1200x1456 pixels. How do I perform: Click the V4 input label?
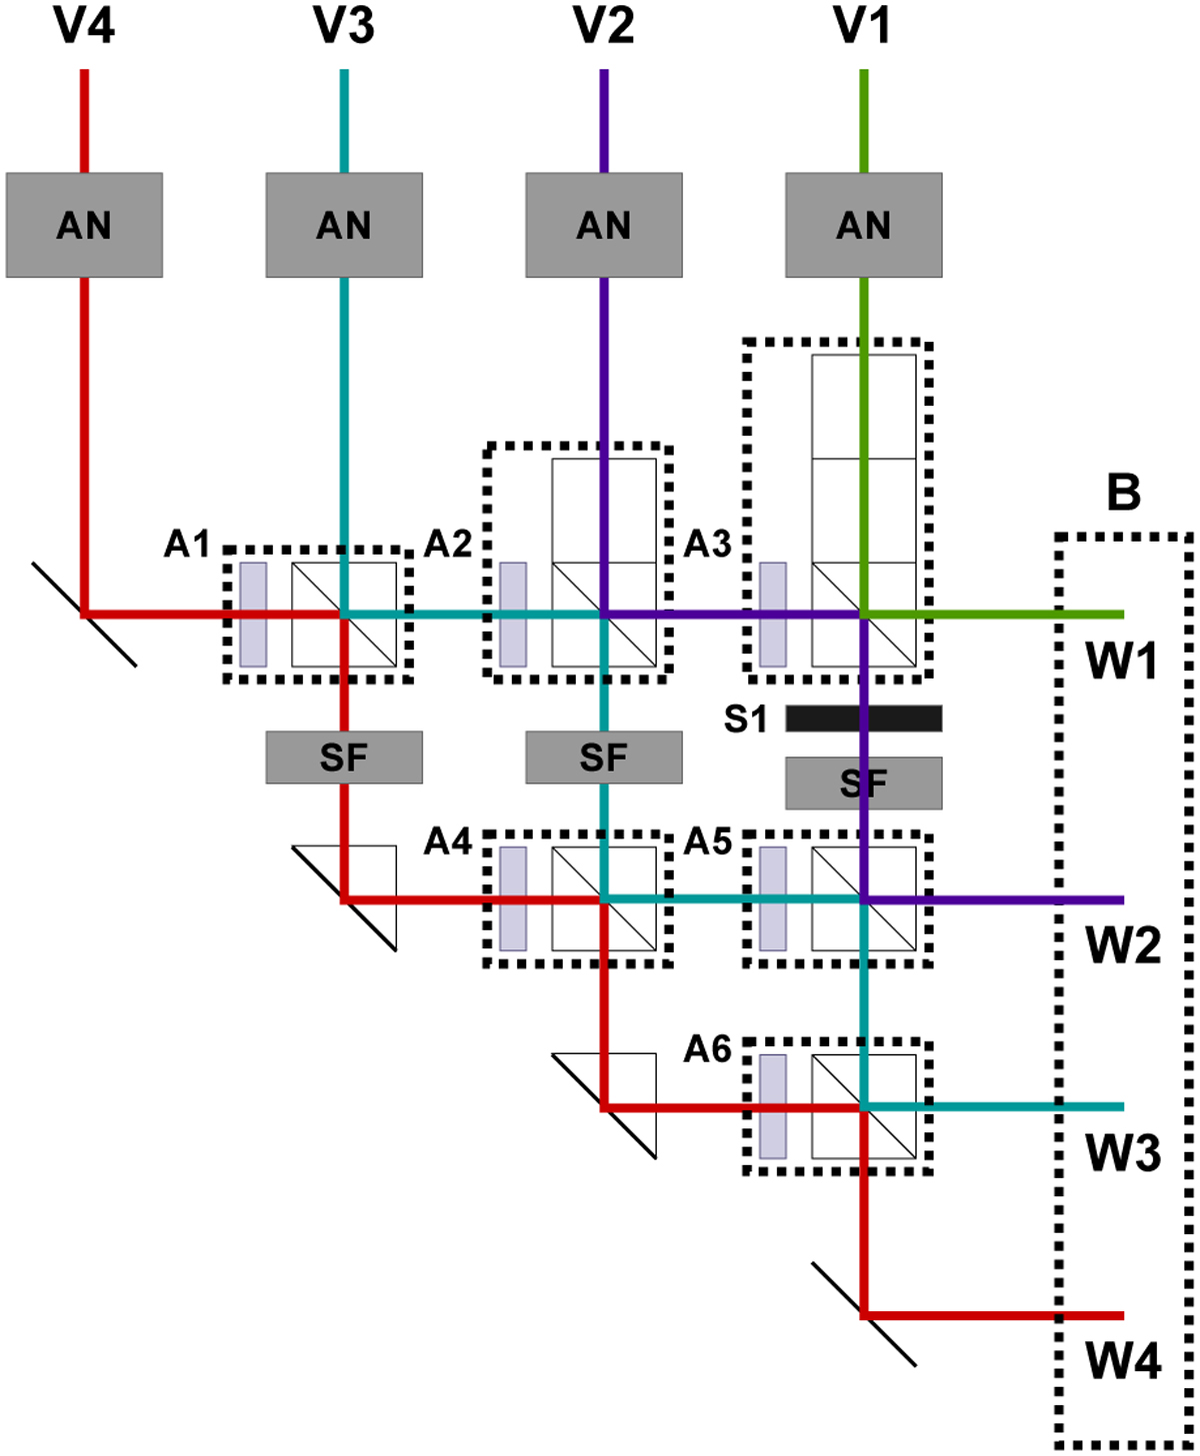84,25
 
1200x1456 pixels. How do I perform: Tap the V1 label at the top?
863,25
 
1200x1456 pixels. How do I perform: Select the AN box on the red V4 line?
84,225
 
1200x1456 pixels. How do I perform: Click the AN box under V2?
604,225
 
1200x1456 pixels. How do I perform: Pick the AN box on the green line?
863,225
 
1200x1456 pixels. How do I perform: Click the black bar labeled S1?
863,718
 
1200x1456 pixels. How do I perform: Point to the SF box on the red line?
344,757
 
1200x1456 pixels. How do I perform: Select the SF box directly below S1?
863,783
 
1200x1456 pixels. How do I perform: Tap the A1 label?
187,545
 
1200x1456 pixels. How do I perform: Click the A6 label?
707,1049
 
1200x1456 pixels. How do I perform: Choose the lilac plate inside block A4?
513,899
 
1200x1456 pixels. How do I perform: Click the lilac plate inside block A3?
773,615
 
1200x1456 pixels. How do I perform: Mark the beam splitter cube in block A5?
863,899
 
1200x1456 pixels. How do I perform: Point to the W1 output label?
1123,661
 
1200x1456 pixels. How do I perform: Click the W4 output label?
1123,1361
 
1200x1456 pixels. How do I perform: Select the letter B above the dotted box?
1124,493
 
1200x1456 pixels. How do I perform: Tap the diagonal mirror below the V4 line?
84,615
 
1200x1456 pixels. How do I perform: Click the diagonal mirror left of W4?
863,1314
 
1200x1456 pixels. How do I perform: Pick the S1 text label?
745,719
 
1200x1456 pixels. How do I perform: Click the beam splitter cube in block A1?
344,615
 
